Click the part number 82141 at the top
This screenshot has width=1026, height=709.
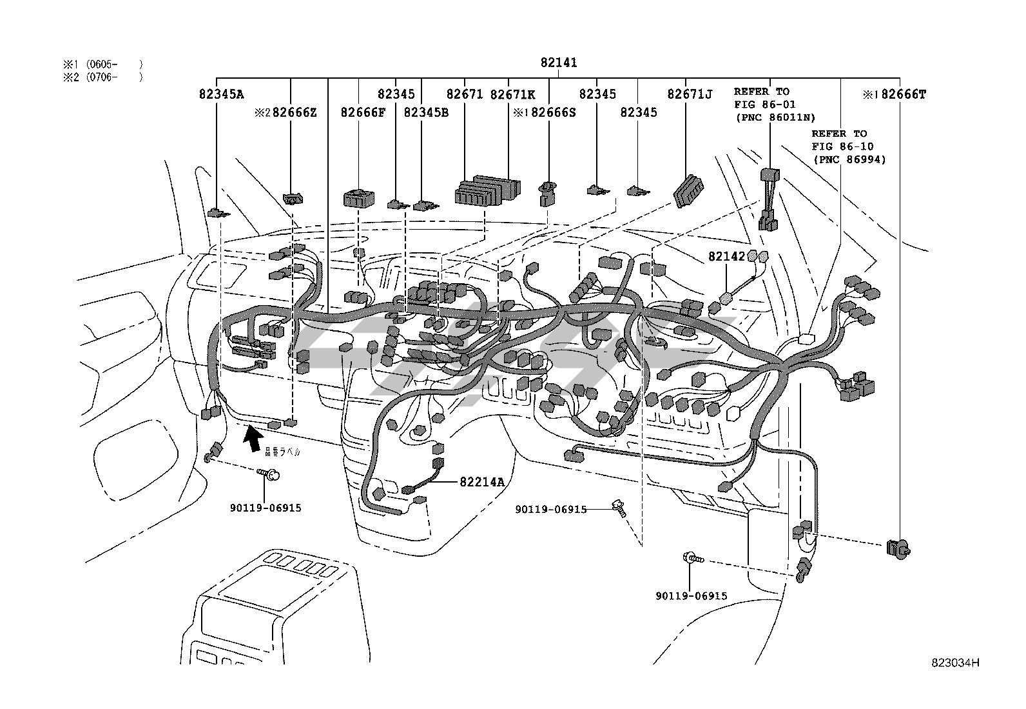coord(559,63)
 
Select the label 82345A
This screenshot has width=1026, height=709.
coord(221,94)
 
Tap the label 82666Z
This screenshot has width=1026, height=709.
coord(295,112)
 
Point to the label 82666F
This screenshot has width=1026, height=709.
coord(363,112)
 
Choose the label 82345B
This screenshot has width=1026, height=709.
coord(425,112)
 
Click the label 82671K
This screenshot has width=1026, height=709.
coord(512,94)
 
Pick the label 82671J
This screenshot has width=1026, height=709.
coord(690,94)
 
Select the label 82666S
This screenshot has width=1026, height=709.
coord(553,112)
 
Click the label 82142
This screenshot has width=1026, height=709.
coord(726,256)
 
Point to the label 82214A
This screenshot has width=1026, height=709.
coord(482,481)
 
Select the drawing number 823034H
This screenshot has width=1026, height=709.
coord(954,663)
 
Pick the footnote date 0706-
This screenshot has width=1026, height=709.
coord(102,77)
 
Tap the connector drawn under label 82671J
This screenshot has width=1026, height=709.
coord(688,191)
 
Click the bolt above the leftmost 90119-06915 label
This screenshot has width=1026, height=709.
coord(271,475)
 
